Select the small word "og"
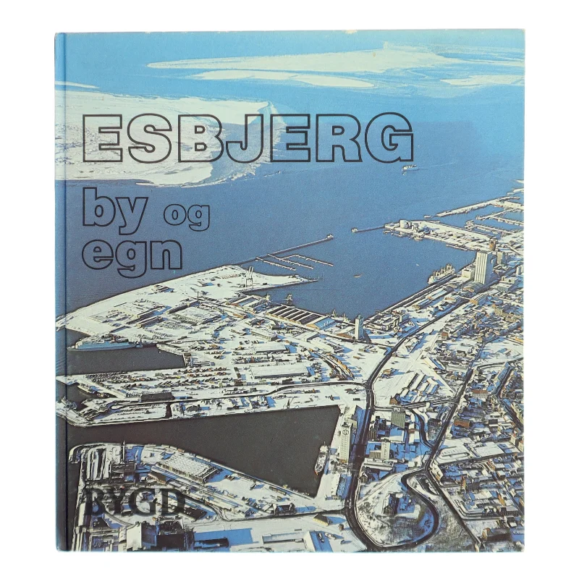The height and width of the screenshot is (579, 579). point(187,216)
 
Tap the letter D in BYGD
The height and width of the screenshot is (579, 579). point(170,501)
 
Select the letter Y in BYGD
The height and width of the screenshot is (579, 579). point(116,501)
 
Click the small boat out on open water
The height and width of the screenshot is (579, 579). point(409,169)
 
